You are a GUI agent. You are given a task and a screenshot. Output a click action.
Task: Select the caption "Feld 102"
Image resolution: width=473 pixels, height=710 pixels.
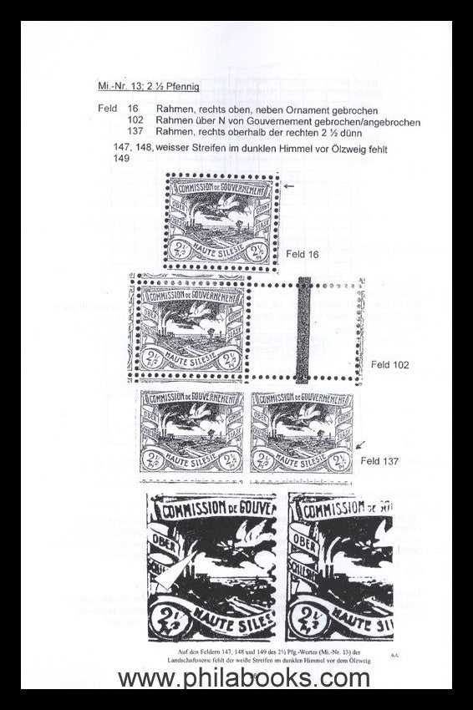(389, 365)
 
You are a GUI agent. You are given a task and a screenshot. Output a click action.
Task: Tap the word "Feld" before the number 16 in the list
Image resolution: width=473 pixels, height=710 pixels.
(106, 110)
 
